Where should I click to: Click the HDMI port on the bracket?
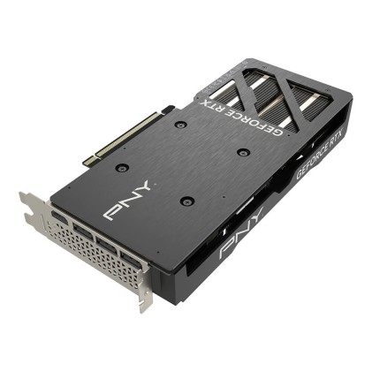(59, 217)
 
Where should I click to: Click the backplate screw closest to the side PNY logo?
(185, 201)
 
